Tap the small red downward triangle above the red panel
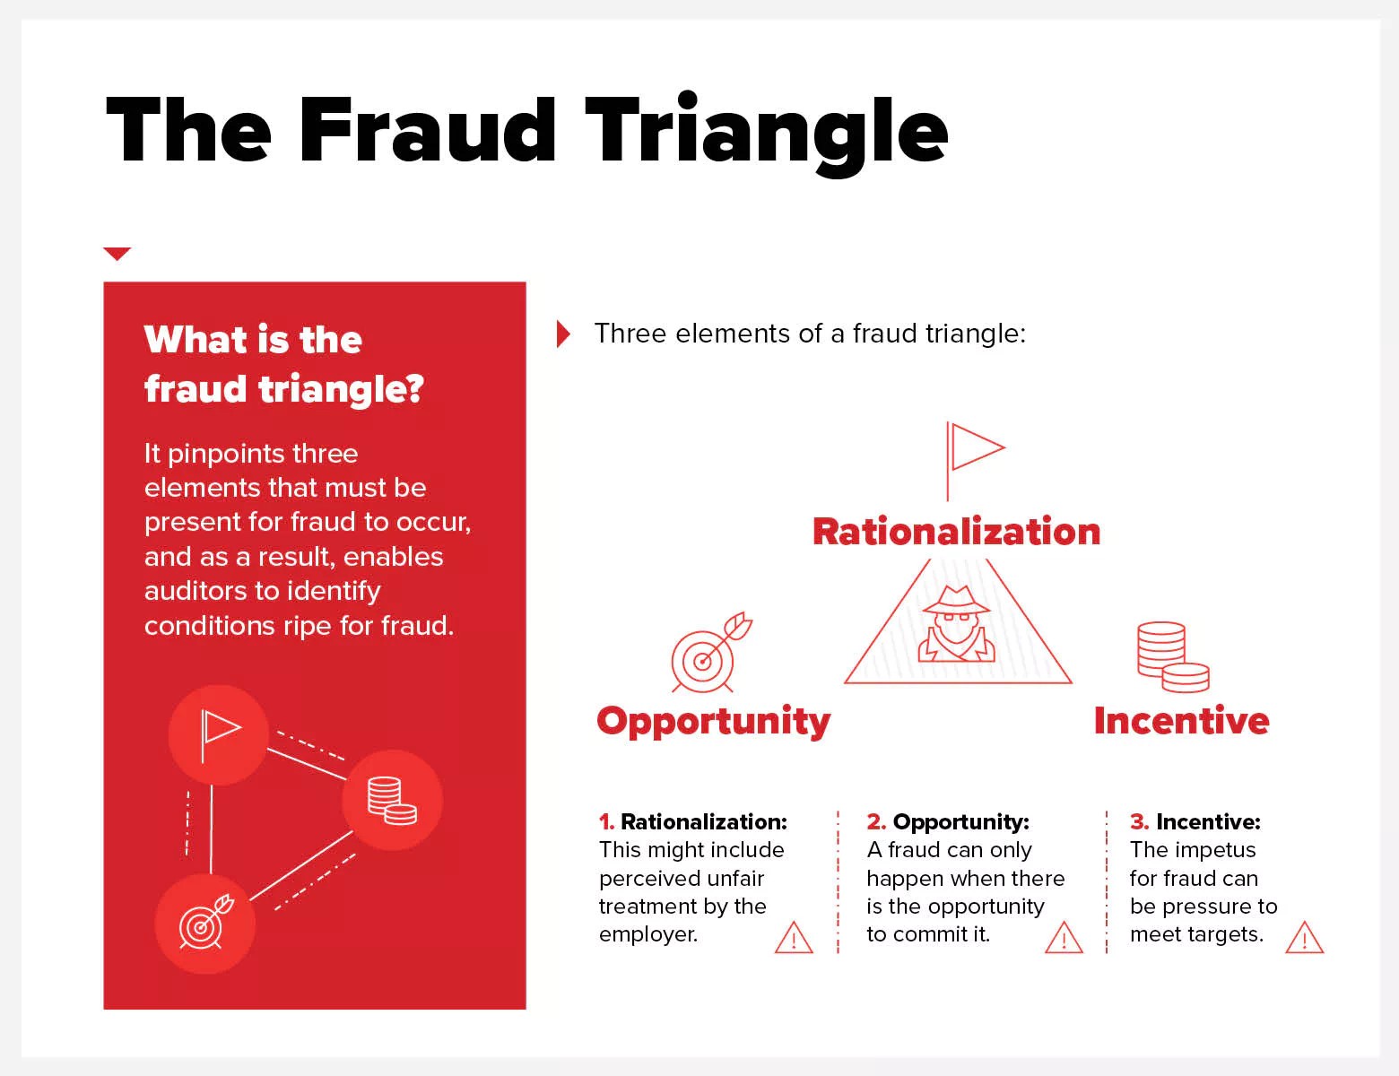[x=117, y=253]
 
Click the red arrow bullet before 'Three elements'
[x=563, y=334]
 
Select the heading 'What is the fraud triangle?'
[x=284, y=364]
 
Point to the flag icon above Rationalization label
[x=975, y=461]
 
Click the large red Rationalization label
[x=957, y=532]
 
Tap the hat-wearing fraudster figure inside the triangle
[x=957, y=624]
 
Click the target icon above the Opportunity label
[x=711, y=653]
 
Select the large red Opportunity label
[x=713, y=722]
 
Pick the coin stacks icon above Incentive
[x=1173, y=657]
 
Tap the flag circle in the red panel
[x=218, y=735]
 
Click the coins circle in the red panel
[x=392, y=800]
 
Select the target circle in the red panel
[x=204, y=924]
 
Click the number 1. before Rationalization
[x=606, y=822]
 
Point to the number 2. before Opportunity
[x=876, y=822]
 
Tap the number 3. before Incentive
[x=1140, y=822]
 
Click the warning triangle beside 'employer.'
[x=794, y=938]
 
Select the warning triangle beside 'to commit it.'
[x=1064, y=938]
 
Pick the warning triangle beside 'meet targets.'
[x=1304, y=938]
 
